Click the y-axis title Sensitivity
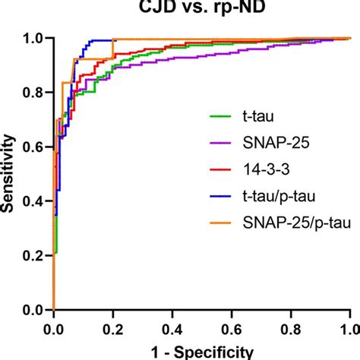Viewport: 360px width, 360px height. tap(11, 173)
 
